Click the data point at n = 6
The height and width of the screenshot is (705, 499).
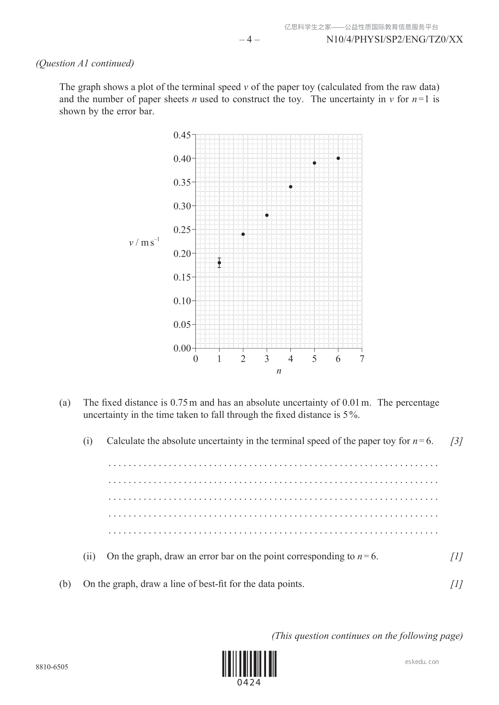pyautogui.click(x=338, y=158)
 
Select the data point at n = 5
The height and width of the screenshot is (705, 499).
pyautogui.click(x=314, y=163)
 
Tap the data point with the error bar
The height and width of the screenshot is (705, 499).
pyautogui.click(x=219, y=263)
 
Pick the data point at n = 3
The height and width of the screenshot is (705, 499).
pyautogui.click(x=267, y=215)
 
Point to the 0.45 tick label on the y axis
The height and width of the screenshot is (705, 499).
pyautogui.click(x=182, y=135)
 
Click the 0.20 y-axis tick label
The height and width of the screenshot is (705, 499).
pyautogui.click(x=182, y=253)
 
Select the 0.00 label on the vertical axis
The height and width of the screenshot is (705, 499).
pyautogui.click(x=182, y=348)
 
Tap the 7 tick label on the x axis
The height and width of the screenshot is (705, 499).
pyautogui.click(x=362, y=359)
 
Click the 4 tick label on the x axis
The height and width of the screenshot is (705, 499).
pyautogui.click(x=291, y=359)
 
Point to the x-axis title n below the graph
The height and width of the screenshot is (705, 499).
pyautogui.click(x=279, y=371)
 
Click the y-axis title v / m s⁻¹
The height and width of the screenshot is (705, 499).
pyautogui.click(x=144, y=242)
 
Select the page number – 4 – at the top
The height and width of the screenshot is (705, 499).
pyautogui.click(x=249, y=39)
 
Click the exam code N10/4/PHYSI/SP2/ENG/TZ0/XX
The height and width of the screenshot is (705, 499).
pyautogui.click(x=394, y=39)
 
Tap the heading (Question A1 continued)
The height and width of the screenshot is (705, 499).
pyautogui.click(x=85, y=63)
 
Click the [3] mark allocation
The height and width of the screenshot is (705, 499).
pyautogui.click(x=457, y=441)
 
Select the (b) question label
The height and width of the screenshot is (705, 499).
pyautogui.click(x=65, y=584)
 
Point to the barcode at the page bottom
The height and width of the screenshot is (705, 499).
pyautogui.click(x=249, y=664)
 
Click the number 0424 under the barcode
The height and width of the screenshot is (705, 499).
pyautogui.click(x=249, y=682)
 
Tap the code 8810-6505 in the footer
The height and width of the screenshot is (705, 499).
pyautogui.click(x=52, y=667)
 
